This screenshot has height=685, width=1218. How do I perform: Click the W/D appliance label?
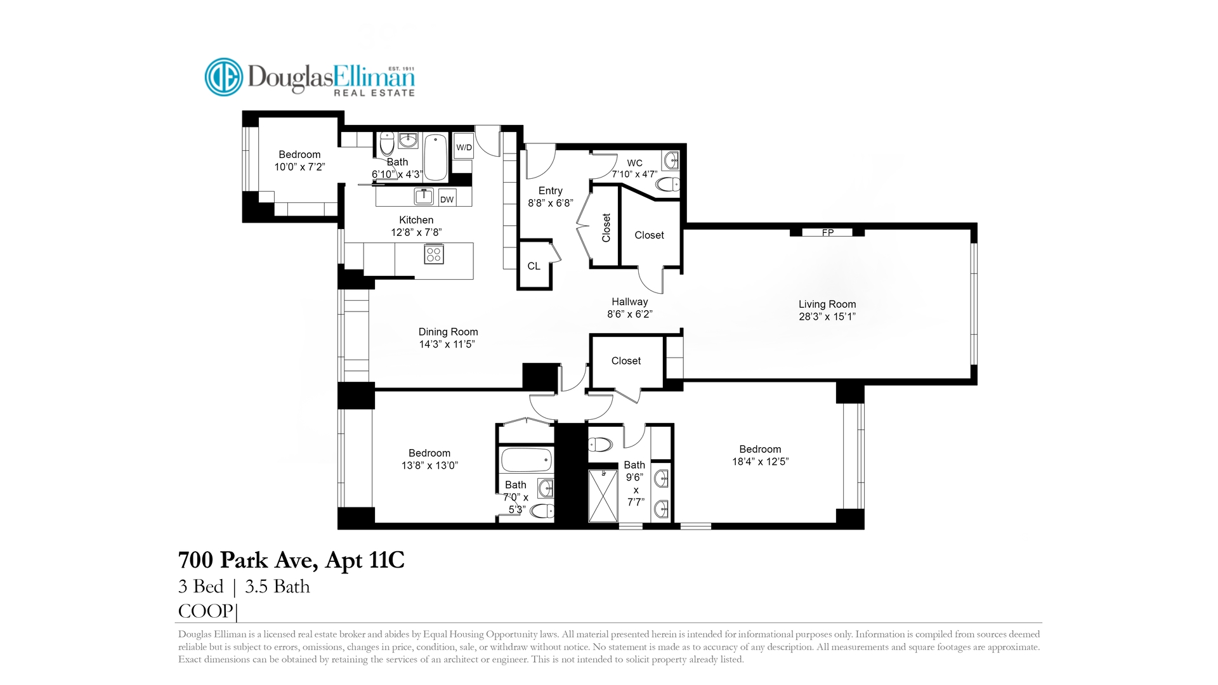click(x=464, y=148)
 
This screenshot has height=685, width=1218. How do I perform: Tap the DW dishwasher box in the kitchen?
click(x=447, y=199)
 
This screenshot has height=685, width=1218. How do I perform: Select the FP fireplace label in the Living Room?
click(x=827, y=233)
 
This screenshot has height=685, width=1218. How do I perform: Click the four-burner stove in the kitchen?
click(x=434, y=254)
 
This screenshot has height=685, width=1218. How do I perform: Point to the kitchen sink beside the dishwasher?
click(x=424, y=197)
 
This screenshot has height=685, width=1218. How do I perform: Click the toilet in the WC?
click(x=667, y=185)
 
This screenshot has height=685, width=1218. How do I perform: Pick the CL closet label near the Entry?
click(x=534, y=266)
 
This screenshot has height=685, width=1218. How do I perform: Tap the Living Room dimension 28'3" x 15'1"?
click(x=827, y=316)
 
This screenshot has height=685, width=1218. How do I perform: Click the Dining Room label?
click(x=448, y=332)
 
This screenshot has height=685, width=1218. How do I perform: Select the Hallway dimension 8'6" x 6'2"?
click(x=629, y=314)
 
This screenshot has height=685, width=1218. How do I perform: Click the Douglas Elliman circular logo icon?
click(x=223, y=77)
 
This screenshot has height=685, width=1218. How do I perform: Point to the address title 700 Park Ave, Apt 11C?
click(x=291, y=560)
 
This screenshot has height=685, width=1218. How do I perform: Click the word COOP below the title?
click(x=206, y=611)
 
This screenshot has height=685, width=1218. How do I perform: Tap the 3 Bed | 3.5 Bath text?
click(x=244, y=586)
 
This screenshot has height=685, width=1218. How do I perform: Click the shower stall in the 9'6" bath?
click(x=603, y=495)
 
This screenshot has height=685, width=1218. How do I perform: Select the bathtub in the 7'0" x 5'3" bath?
click(x=527, y=459)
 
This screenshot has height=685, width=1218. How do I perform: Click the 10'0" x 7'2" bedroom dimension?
click(x=299, y=167)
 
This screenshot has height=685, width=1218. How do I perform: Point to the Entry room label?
click(x=550, y=191)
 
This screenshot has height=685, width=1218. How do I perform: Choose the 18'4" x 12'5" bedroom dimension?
click(x=760, y=462)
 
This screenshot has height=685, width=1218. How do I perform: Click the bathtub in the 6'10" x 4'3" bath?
click(x=436, y=157)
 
